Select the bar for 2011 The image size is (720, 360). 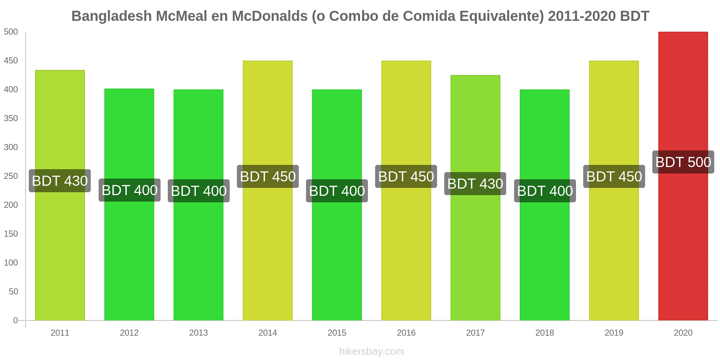60,252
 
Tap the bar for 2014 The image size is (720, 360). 267,252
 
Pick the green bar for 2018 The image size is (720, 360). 545,252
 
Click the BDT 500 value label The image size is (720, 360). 683,162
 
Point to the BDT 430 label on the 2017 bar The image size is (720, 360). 475,184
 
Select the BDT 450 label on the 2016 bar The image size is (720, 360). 406,177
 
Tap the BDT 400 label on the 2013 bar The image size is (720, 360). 199,191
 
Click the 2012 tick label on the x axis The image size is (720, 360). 129,333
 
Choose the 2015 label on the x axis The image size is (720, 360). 337,333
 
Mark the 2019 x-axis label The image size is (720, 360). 614,333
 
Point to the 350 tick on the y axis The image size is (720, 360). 11,118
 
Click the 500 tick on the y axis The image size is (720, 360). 11,32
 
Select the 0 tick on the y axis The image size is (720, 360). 15,320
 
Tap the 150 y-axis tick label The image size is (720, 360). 11,234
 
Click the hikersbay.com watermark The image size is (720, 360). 372,351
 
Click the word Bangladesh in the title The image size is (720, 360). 112,16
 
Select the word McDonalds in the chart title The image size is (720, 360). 269,16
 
